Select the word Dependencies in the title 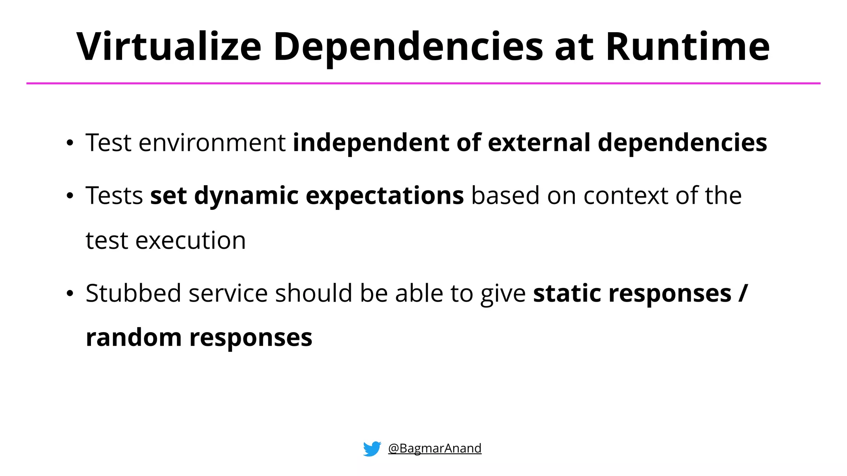pyautogui.click(x=408, y=48)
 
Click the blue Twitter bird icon pyautogui.click(x=372, y=449)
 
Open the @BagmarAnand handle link pyautogui.click(x=435, y=448)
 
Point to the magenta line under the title pyautogui.click(x=423, y=83)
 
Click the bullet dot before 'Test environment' pyautogui.click(x=70, y=143)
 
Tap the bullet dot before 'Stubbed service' pyautogui.click(x=70, y=294)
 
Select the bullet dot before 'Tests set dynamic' pyautogui.click(x=70, y=196)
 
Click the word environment pyautogui.click(x=212, y=143)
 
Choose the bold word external pyautogui.click(x=539, y=143)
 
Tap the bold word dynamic pyautogui.click(x=246, y=196)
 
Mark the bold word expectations pyautogui.click(x=385, y=196)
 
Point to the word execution pyautogui.click(x=190, y=241)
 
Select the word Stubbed pyautogui.click(x=133, y=293)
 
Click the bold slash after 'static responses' pyautogui.click(x=743, y=293)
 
